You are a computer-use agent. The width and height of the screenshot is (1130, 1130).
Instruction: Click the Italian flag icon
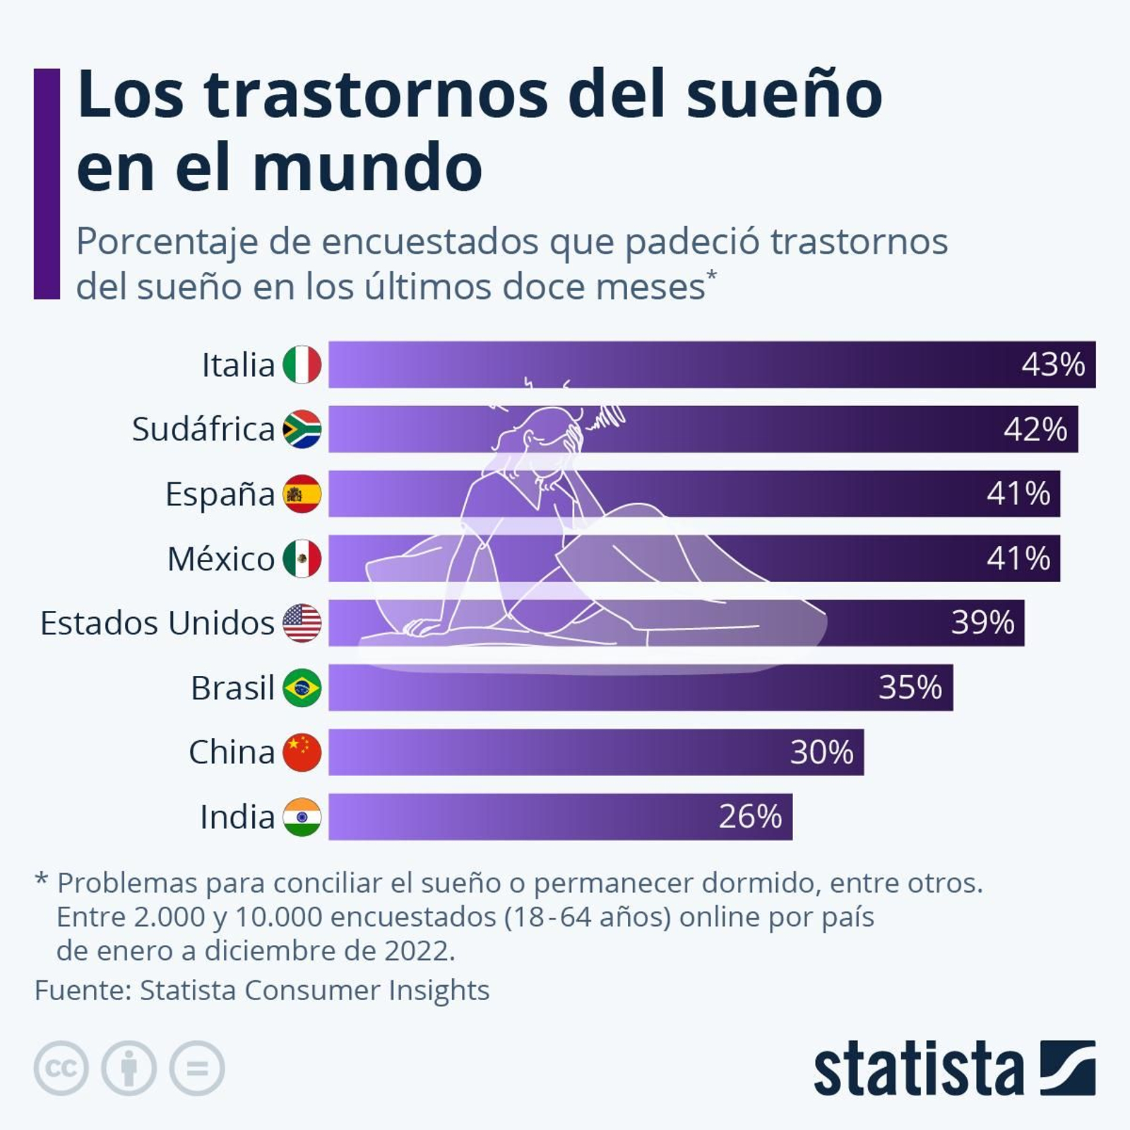coord(302,364)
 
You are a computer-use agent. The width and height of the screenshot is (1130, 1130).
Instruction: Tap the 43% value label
coord(1052,364)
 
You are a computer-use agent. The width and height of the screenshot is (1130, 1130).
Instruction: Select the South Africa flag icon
coord(302,429)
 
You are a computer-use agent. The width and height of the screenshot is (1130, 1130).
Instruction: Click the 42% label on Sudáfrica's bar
coord(1035,429)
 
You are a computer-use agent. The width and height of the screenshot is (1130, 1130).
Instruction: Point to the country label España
coord(220,494)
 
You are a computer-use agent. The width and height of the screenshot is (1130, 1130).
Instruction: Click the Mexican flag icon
coord(302,558)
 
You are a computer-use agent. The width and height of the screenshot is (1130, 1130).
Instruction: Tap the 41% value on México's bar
coord(1018,558)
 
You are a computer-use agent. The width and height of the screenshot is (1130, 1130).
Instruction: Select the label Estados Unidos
coord(157,623)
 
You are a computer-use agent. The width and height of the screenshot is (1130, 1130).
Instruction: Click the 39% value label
coord(982,623)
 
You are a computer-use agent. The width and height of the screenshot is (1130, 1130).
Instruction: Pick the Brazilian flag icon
coord(302,687)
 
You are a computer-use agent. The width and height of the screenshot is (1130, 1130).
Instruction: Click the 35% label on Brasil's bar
coord(910,687)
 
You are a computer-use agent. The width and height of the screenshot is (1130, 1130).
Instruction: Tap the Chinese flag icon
coord(302,752)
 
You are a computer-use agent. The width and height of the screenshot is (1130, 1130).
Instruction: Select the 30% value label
coord(821,752)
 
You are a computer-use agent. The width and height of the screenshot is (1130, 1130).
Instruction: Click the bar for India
coord(523,816)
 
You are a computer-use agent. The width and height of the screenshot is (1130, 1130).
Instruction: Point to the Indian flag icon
coord(302,816)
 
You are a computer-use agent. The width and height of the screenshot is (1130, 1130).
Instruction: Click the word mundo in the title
coord(367,168)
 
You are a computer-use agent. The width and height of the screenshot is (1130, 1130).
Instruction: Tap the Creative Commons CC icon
coord(61,1068)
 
